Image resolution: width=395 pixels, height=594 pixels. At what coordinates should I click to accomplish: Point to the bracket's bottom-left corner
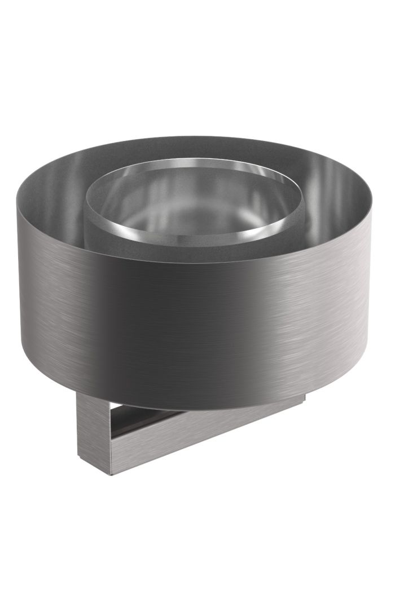pos(79,462)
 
